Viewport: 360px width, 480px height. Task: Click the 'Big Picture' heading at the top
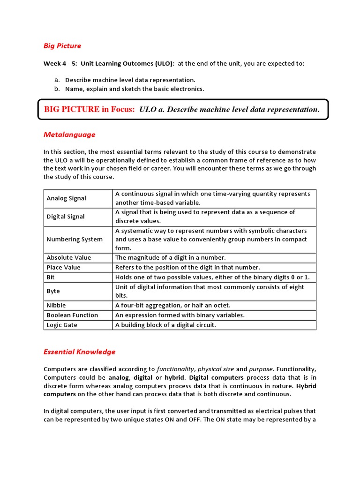(62, 46)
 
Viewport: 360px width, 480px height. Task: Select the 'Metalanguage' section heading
(69, 135)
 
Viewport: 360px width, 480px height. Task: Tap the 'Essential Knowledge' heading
(79, 352)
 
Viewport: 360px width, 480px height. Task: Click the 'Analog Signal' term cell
(67, 198)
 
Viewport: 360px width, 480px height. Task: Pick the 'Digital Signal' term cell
(66, 217)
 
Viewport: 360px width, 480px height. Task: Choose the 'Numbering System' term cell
(75, 239)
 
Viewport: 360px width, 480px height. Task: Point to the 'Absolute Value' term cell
(69, 257)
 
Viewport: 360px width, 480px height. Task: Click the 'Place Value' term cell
(64, 267)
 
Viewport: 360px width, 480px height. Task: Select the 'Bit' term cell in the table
(51, 277)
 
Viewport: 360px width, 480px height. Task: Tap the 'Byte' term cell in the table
(53, 291)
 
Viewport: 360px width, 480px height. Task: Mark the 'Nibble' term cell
(56, 305)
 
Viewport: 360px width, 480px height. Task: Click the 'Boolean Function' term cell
(72, 315)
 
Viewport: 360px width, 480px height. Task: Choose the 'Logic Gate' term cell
(62, 325)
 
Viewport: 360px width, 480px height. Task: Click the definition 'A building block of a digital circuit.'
(165, 325)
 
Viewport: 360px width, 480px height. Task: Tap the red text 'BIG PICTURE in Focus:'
(90, 109)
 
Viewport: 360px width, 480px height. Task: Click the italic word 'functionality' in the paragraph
(172, 369)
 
